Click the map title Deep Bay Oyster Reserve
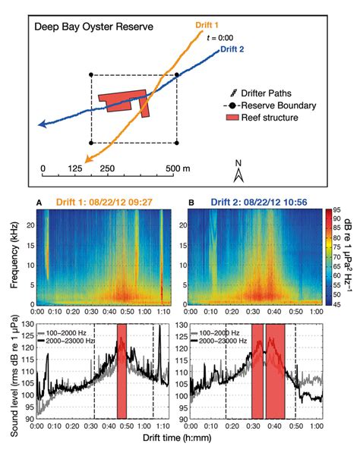coord(94,27)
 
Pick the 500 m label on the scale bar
coord(176,168)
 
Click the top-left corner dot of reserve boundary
coord(92,74)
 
